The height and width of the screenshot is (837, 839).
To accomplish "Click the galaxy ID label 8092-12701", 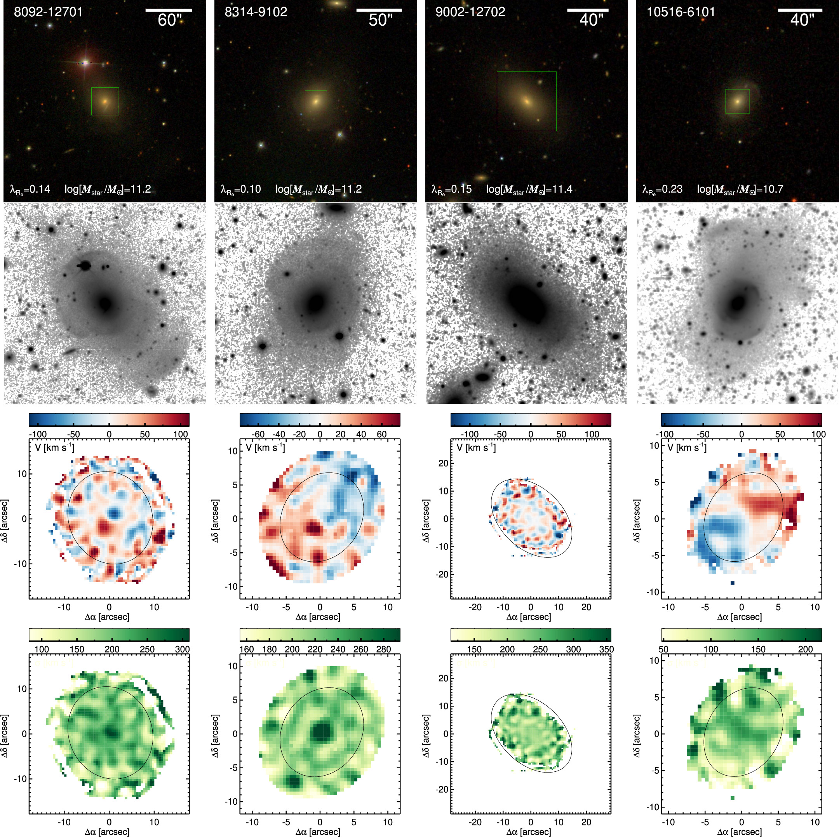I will coord(48,12).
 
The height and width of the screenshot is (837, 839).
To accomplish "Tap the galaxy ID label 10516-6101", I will coord(681,12).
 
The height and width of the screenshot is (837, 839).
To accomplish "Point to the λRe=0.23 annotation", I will coord(662,189).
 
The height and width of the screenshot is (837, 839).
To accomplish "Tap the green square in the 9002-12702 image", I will coord(526,101).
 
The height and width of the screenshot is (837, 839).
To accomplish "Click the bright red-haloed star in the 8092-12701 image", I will coord(85,63).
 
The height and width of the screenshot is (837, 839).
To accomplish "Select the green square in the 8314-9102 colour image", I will coord(316,101).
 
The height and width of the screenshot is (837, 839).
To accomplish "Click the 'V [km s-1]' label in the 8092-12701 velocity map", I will coord(54,447).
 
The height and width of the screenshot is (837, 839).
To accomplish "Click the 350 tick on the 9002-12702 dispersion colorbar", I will coord(606,649).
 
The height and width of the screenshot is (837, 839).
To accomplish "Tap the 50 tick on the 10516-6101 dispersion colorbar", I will coord(663,649).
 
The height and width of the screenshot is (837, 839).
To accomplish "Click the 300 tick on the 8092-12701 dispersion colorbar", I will coord(183,649).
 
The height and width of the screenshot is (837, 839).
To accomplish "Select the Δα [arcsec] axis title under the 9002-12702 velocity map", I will coord(529,617).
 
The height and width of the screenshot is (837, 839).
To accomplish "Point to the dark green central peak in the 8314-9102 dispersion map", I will coord(321,730).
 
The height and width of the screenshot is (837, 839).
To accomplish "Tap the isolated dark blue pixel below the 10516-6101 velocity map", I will coord(733,583).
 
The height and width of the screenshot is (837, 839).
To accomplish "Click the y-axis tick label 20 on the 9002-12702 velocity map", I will coord(443,463).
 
